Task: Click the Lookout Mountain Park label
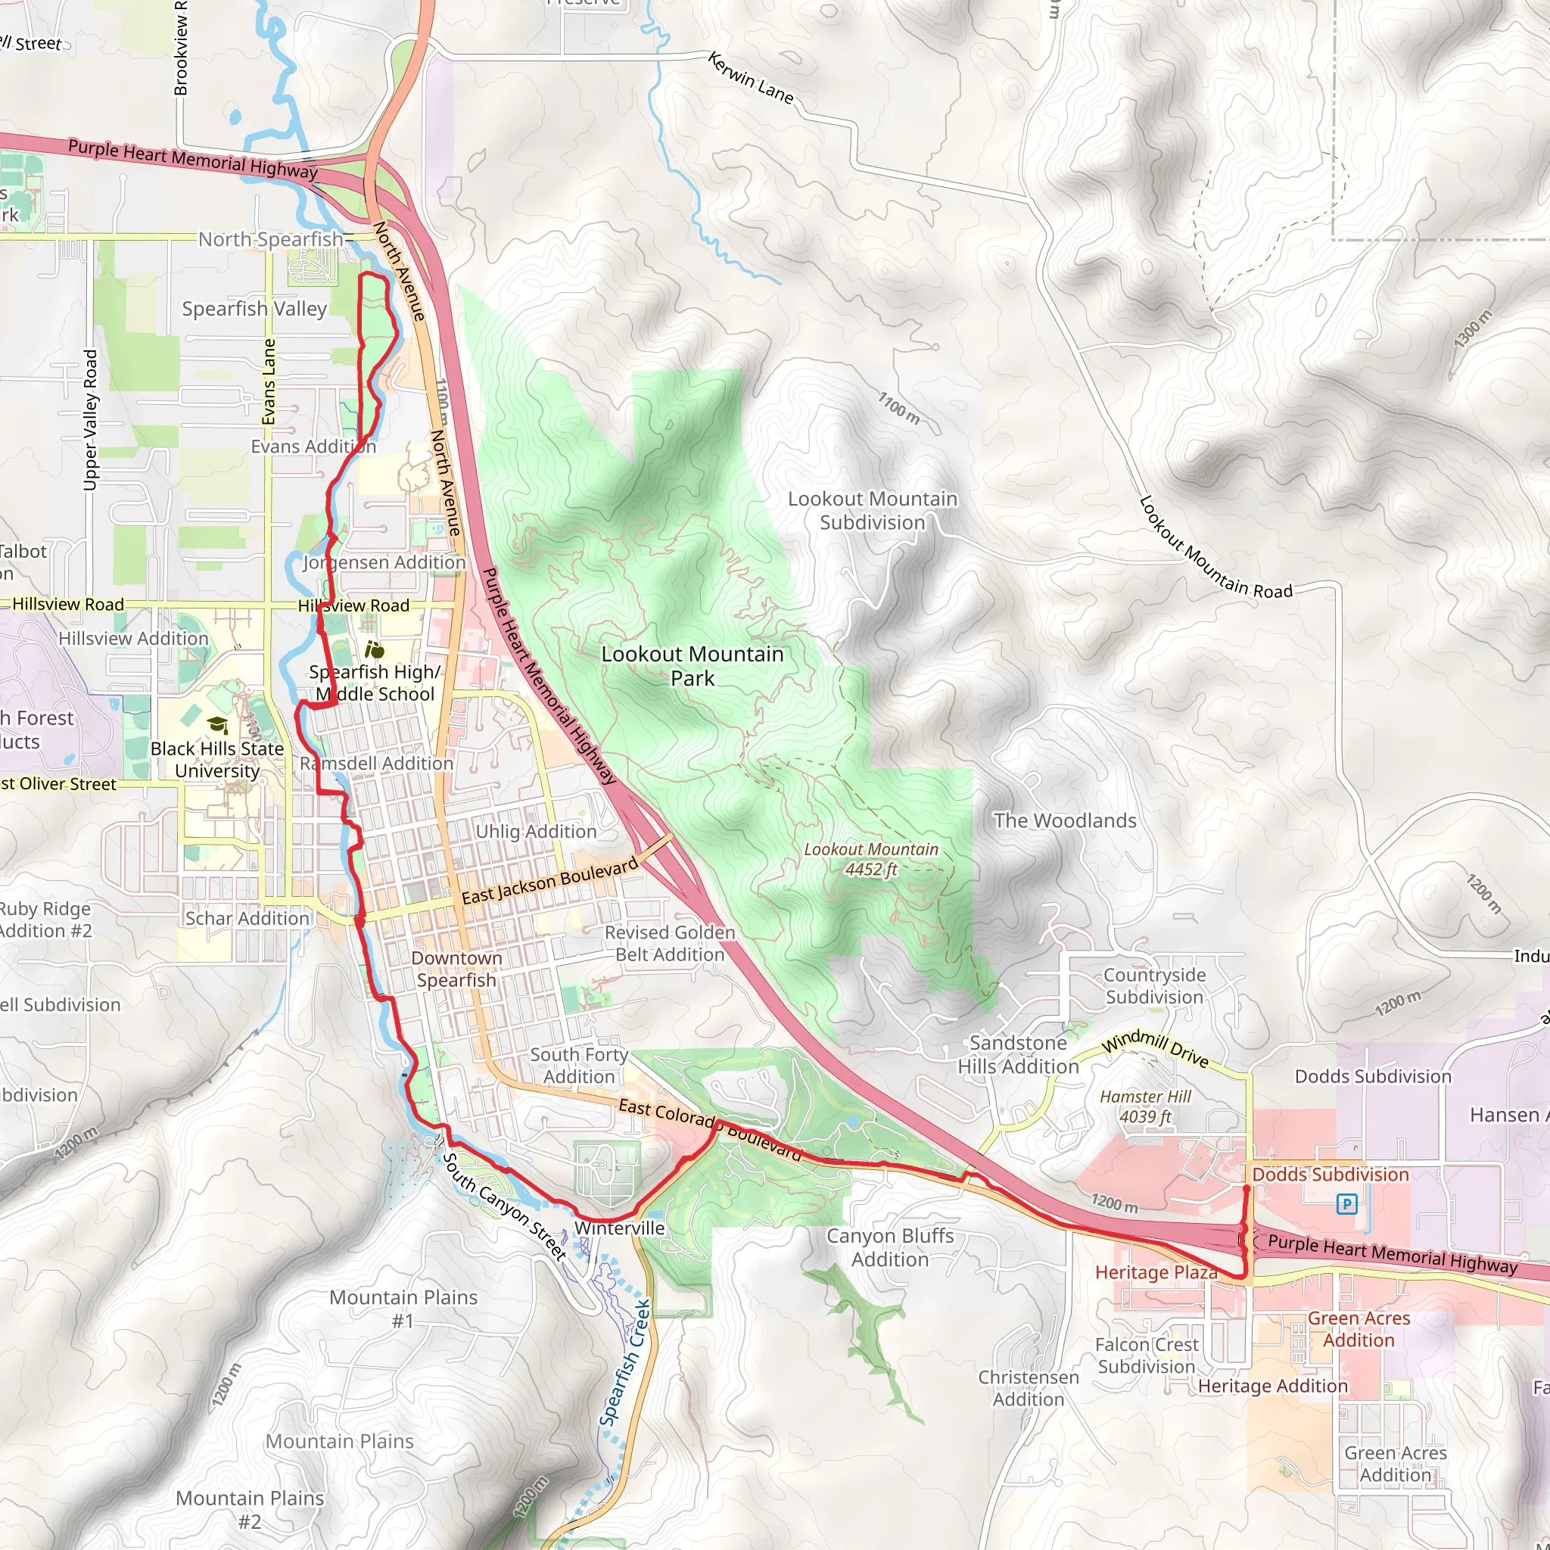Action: coord(692,666)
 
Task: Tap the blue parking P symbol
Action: coord(1347,1203)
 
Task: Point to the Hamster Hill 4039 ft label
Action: coord(1145,1106)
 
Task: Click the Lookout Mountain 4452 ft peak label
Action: coord(870,859)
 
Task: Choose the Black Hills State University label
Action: coord(216,759)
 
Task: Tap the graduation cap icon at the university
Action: coord(217,725)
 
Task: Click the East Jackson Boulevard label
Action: coord(549,881)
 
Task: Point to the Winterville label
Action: coord(619,1228)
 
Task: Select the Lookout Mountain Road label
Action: coord(1215,549)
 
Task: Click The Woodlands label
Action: coord(1065,820)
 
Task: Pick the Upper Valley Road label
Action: coord(91,419)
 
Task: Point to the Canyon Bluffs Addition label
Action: coord(890,1247)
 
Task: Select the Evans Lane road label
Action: coord(269,381)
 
